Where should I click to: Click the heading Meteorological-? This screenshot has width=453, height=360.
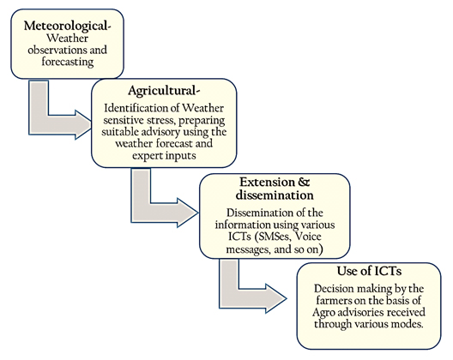pyautogui.click(x=67, y=26)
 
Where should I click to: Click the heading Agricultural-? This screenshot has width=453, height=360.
pyautogui.click(x=164, y=91)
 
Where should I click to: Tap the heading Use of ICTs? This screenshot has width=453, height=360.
pyautogui.click(x=369, y=271)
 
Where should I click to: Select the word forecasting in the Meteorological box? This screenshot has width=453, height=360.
pyautogui.click(x=68, y=62)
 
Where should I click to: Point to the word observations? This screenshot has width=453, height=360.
pyautogui.click(x=58, y=50)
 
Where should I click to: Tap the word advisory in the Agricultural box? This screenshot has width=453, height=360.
pyautogui.click(x=161, y=132)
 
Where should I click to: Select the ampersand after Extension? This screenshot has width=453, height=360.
pyautogui.click(x=304, y=183)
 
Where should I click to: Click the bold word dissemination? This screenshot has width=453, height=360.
pyautogui.click(x=275, y=195)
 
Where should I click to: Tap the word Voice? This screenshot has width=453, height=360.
pyautogui.click(x=308, y=237)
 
